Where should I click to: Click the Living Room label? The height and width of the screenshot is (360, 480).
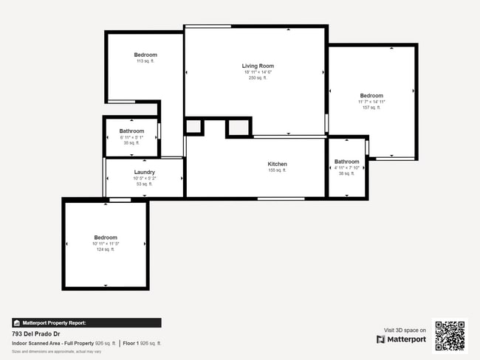(258, 66)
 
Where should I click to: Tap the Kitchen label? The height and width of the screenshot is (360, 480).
(277, 164)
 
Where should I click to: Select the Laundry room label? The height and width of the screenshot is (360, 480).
(144, 172)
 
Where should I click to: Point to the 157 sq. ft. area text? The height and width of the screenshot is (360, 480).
(371, 108)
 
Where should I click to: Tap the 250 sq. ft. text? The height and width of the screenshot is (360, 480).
(258, 77)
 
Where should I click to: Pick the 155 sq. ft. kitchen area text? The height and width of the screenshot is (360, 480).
(277, 170)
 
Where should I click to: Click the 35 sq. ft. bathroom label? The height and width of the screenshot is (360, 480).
(131, 142)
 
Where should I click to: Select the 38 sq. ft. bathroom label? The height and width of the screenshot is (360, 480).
(346, 173)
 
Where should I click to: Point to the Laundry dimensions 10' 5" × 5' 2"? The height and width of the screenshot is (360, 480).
(144, 179)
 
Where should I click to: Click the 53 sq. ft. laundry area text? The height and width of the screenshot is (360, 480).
(144, 184)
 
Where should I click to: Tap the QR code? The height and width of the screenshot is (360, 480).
(450, 335)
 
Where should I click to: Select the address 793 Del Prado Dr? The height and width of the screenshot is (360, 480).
(36, 333)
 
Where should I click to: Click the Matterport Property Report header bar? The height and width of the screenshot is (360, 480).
(86, 322)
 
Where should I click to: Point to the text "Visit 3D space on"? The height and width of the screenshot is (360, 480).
(405, 330)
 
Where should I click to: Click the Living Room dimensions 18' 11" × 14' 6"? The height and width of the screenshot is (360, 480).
(258, 72)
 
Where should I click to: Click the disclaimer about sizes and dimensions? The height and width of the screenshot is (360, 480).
(57, 351)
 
